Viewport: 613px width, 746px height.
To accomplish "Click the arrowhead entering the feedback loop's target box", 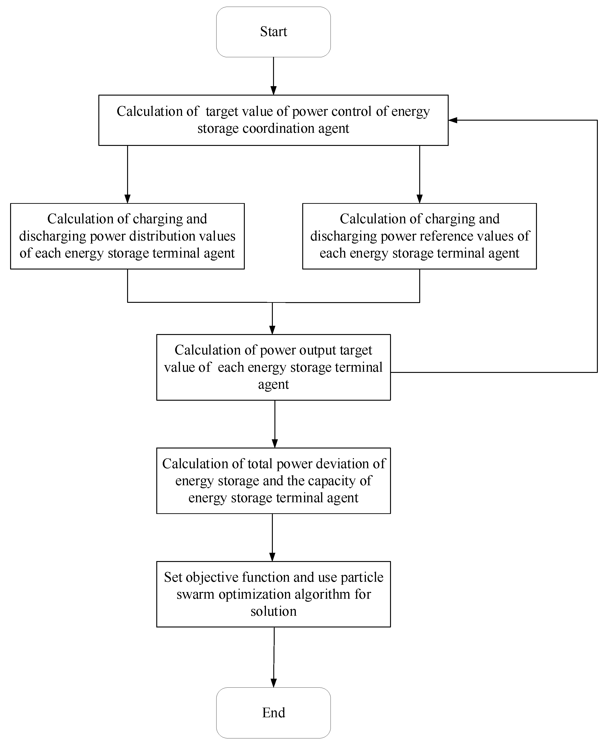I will click(x=453, y=120).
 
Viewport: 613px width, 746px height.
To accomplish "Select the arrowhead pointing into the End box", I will click(x=274, y=683).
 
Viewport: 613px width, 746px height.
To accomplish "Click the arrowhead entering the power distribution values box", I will click(x=128, y=199).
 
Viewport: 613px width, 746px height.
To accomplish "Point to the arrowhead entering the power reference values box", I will click(x=419, y=199).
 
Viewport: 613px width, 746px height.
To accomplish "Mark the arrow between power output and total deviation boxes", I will click(x=275, y=423).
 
